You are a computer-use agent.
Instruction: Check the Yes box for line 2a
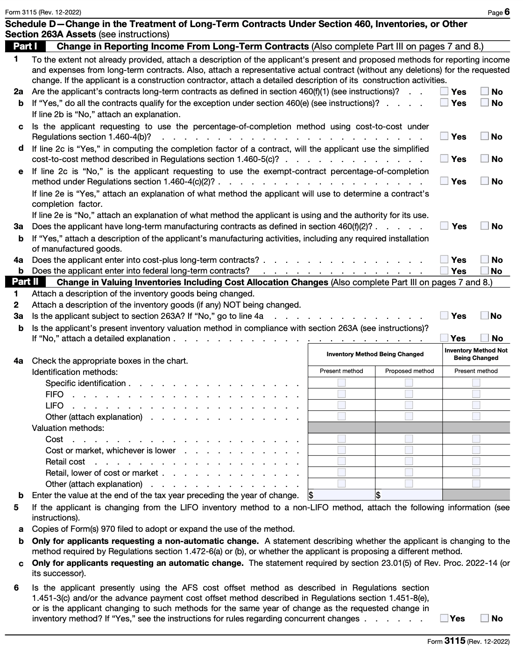[445, 92]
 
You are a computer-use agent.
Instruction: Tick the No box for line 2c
[485, 136]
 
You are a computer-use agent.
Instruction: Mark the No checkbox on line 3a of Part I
[485, 226]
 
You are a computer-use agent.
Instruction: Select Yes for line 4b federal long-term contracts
[445, 271]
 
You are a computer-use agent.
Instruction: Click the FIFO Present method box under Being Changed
[342, 394]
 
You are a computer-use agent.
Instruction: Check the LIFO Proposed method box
[409, 405]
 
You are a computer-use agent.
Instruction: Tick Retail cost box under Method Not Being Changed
[476, 461]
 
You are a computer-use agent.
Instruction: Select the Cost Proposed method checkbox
[409, 439]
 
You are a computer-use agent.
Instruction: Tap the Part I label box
[25, 46]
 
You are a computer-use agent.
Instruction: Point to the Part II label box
[25, 282]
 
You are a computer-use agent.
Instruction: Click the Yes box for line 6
[445, 618]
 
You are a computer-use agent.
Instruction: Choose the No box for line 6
[485, 618]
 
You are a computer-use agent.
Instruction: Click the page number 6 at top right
[507, 12]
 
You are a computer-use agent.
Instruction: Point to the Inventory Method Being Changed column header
[375, 354]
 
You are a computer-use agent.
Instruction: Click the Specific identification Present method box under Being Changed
[342, 383]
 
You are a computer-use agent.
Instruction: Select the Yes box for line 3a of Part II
[445, 316]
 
